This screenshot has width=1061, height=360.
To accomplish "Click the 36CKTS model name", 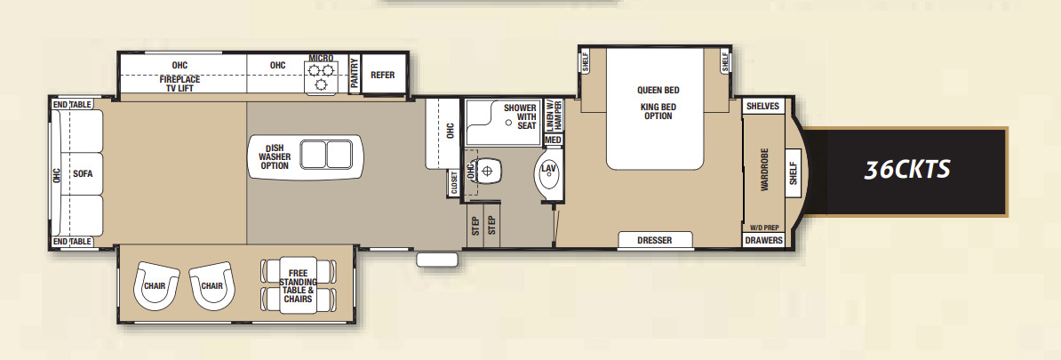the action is coord(906,170).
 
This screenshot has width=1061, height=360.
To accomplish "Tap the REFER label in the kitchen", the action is coord(382,76).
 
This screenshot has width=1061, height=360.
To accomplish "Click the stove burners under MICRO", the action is coord(321,76).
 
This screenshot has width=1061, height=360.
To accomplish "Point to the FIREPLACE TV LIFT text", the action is coord(180,84).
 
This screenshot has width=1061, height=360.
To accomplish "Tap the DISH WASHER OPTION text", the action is coord(274,156).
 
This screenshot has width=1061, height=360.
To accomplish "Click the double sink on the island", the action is coord(327,155).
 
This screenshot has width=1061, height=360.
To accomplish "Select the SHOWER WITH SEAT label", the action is coord(522,116).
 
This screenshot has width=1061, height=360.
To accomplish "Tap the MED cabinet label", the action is coord(553,140).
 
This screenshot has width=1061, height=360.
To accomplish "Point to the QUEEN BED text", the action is coord(658,90).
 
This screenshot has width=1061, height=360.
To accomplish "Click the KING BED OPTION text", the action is coord(658,112).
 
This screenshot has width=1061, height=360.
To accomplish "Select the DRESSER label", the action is coord(655,240).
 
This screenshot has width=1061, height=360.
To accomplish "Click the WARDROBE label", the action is coord(764,170).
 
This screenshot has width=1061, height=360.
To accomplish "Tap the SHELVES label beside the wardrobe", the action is coord(763,107).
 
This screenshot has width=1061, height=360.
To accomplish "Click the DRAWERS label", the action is coord(764,240).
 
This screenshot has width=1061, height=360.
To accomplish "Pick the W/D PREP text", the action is coord(764,228).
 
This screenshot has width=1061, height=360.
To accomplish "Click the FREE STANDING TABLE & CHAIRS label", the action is coord(299,285).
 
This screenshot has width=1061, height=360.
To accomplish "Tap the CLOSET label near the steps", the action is coord(454,183).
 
